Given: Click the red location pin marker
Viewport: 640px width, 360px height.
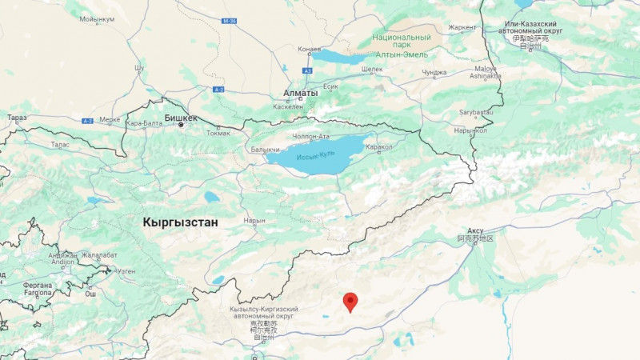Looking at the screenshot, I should tap(350, 302).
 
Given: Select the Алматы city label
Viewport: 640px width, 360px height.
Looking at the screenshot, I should tap(301, 93).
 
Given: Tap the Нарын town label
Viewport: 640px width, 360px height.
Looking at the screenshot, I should tap(254, 219).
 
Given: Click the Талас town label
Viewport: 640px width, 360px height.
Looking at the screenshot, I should tap(60, 144).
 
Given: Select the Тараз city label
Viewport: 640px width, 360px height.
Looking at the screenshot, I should tap(17, 118).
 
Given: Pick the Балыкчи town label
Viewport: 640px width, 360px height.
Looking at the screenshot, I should tap(265, 150).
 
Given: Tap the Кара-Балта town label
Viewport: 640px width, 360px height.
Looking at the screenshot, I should tap(144, 123).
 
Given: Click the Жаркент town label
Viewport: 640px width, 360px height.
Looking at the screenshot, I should tap(462, 27).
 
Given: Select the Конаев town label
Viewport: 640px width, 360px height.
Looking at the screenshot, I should tap(310, 49).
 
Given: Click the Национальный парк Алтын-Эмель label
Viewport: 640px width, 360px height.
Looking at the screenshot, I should tap(401, 46).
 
